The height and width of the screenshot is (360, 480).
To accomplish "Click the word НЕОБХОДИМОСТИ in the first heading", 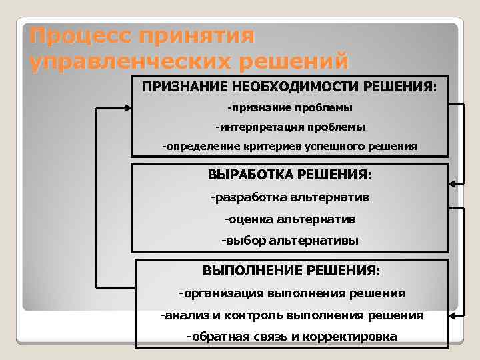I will coord(291,87).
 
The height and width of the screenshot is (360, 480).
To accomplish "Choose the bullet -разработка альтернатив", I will coord(289,197).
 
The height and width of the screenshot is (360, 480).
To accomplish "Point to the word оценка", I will coord(247,219).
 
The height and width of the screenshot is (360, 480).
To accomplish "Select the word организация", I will coord(223,293).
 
